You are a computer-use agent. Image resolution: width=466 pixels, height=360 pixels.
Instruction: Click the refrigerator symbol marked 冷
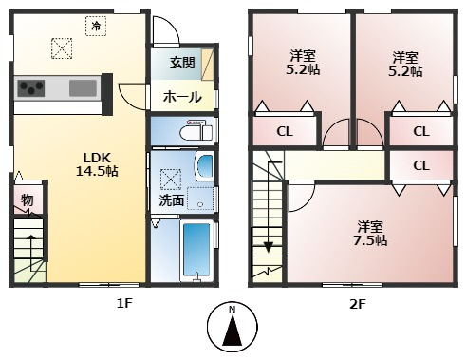(96, 26)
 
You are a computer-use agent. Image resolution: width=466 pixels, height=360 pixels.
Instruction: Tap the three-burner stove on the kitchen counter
(30, 88)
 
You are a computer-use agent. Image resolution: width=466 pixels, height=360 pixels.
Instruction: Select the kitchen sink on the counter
(83, 87)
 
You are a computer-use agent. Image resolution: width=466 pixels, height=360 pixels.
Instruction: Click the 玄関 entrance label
(182, 63)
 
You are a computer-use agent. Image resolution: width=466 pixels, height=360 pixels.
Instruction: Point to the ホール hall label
(182, 97)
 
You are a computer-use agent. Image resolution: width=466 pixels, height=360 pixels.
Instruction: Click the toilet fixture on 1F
(196, 130)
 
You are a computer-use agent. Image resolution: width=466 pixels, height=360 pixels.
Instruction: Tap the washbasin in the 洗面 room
(204, 167)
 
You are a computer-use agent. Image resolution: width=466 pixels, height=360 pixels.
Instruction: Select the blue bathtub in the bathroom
(196, 250)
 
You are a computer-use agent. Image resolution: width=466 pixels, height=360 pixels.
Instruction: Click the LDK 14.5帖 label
(97, 164)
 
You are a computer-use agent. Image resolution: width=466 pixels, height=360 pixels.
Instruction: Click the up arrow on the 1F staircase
(31, 253)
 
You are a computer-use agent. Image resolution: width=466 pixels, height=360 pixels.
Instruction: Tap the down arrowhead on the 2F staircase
(269, 247)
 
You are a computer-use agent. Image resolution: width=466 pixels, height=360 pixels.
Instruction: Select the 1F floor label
(124, 304)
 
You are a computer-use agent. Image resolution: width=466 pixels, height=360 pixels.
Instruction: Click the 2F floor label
(358, 304)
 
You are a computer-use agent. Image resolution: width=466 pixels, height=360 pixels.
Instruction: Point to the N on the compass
(233, 310)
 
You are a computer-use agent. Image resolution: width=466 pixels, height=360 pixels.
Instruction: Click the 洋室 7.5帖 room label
(370, 234)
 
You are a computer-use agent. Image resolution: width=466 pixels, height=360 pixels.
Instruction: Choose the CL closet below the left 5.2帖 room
(285, 131)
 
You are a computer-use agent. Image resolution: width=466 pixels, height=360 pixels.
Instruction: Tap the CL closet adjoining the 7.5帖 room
(421, 165)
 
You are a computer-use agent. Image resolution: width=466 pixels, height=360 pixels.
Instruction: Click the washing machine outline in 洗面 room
(200, 199)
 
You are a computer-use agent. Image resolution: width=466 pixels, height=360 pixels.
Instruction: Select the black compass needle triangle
(233, 332)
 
